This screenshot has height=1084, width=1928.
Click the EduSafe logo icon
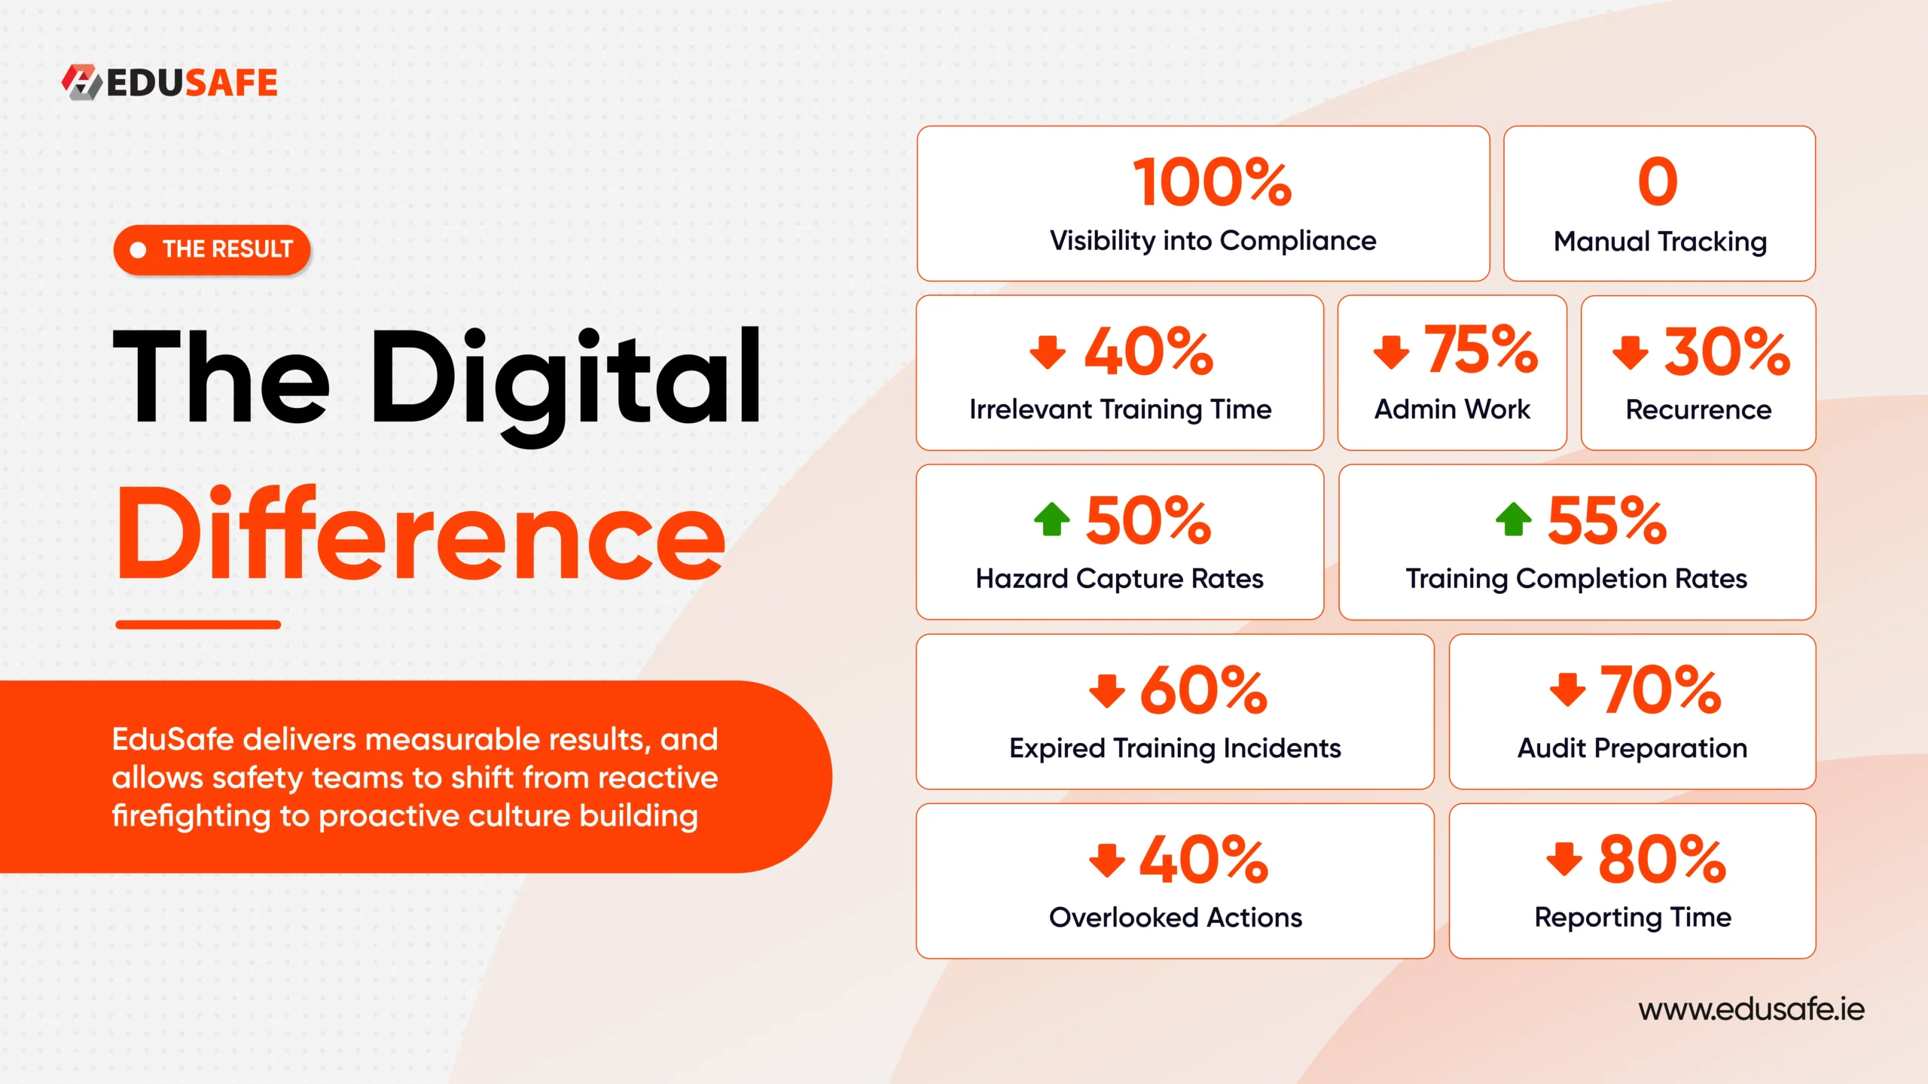tap(81, 82)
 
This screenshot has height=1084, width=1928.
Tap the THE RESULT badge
tap(212, 249)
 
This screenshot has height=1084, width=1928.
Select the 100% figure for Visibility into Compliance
tap(1213, 182)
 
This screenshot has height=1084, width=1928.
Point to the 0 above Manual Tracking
tap(1658, 182)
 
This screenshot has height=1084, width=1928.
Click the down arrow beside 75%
tap(1391, 352)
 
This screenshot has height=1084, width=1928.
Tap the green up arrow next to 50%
tap(1052, 519)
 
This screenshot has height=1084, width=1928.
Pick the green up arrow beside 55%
tap(1514, 519)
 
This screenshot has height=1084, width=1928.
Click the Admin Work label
tap(1452, 410)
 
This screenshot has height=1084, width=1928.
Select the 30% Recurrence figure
tap(1727, 352)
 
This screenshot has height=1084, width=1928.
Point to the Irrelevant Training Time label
tap(1120, 410)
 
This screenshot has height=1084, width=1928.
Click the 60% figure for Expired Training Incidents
tap(1204, 690)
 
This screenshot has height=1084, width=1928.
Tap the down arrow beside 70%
tap(1568, 689)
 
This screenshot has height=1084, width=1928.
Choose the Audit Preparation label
tap(1632, 749)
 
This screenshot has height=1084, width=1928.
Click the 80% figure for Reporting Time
tap(1662, 860)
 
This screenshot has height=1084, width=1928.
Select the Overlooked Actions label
tap(1176, 918)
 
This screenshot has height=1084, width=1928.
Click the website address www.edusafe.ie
tap(1752, 1009)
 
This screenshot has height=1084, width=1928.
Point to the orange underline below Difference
tap(198, 625)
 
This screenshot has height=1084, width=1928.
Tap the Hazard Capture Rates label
tap(1119, 580)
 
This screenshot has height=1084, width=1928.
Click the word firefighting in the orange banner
tap(191, 816)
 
